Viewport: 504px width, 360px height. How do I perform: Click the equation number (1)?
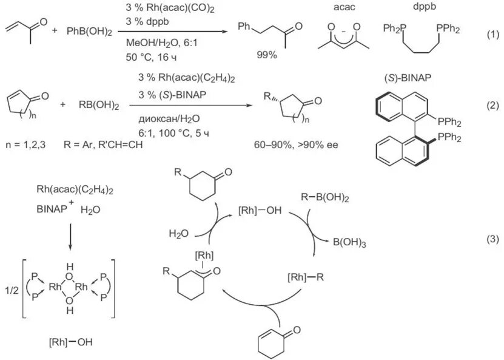492,35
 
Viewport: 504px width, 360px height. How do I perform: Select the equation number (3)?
492,239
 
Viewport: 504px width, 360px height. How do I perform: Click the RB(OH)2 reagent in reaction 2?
98,105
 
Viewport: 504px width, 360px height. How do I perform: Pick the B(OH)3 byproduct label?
349,242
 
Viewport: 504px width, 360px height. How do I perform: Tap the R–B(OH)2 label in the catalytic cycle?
326,197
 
